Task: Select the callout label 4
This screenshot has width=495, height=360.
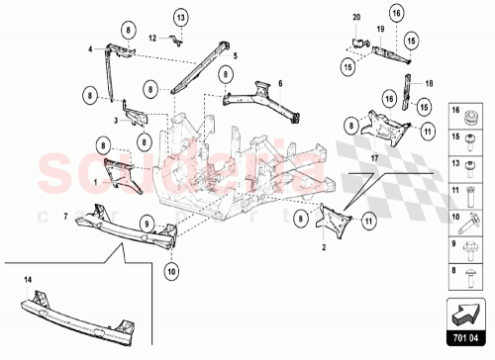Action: [x=89, y=48]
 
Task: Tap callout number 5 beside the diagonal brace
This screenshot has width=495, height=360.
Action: [x=236, y=57]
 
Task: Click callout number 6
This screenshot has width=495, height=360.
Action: [x=280, y=84]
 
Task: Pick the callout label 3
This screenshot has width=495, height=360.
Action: [x=116, y=120]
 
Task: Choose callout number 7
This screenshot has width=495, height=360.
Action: [x=66, y=215]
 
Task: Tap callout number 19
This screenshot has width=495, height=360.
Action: [x=378, y=31]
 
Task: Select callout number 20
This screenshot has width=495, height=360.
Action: [x=357, y=18]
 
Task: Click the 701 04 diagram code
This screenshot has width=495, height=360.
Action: [x=467, y=335]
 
